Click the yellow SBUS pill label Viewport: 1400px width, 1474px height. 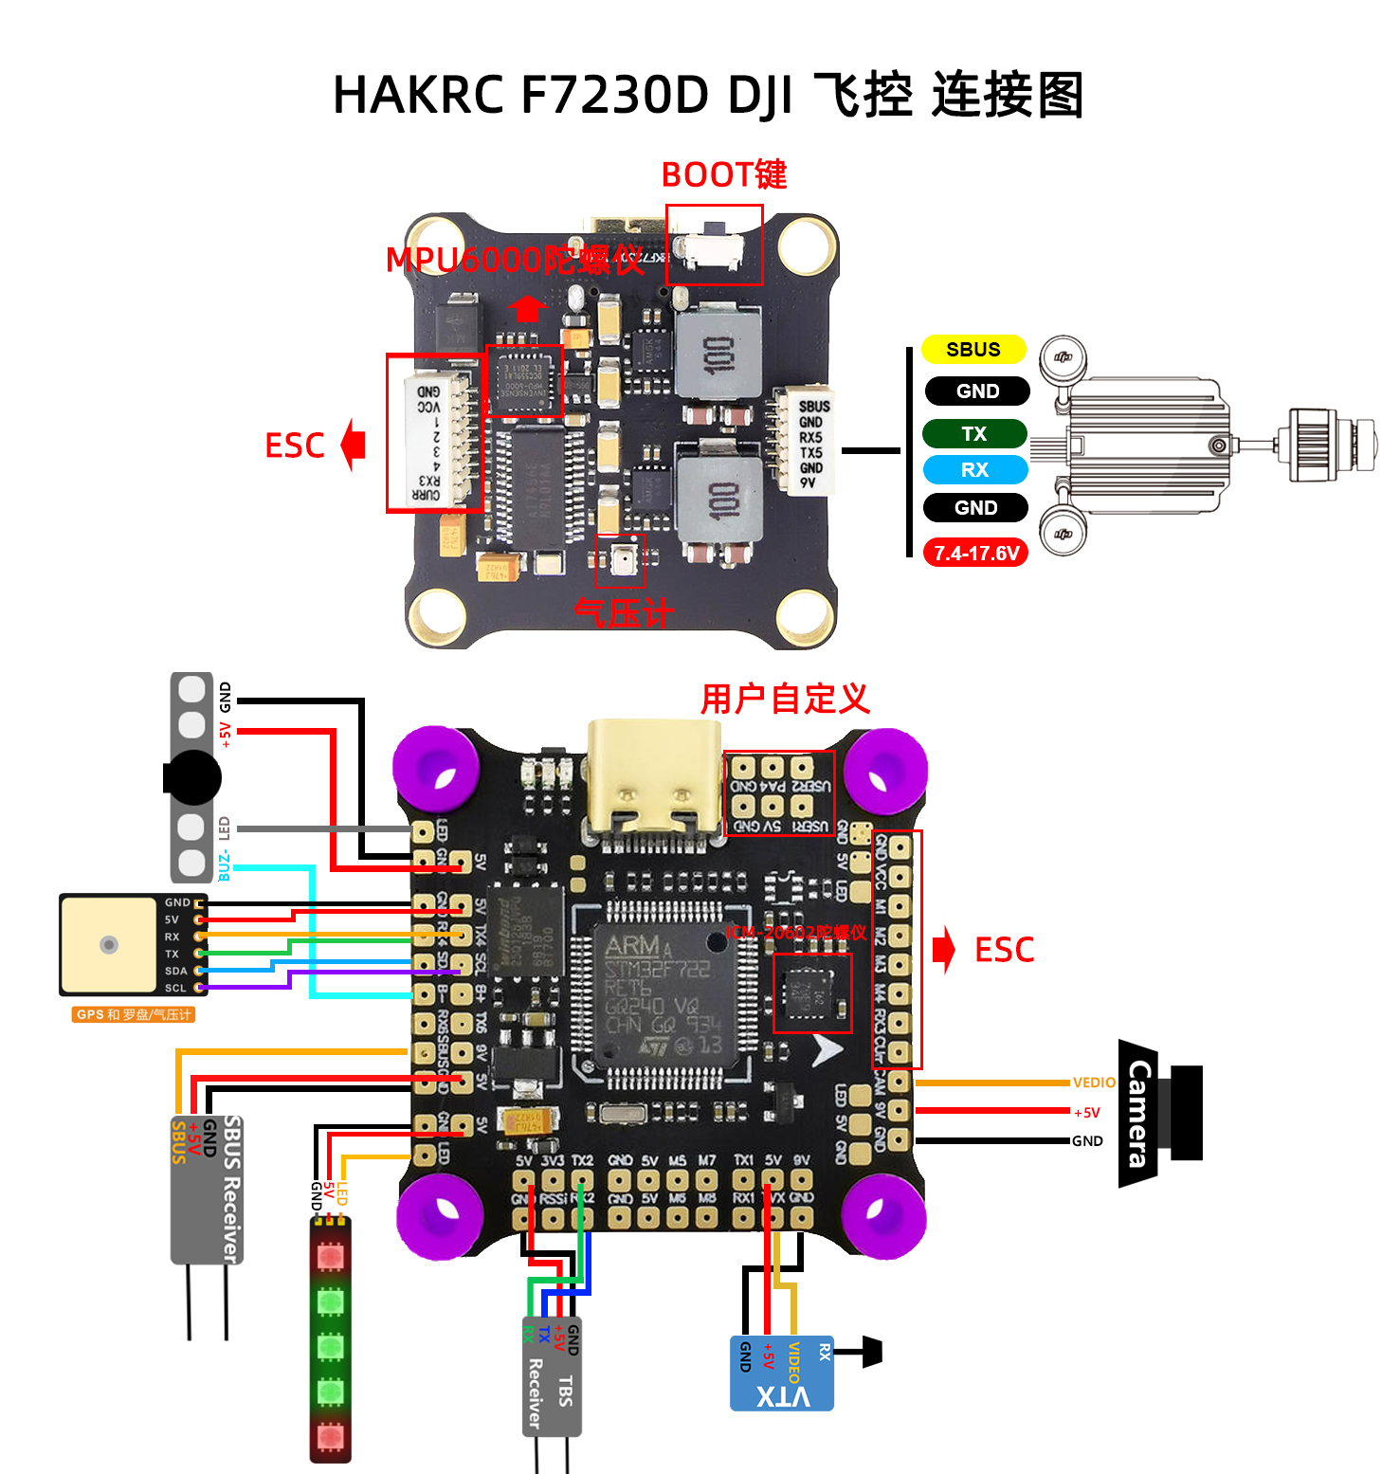(x=973, y=350)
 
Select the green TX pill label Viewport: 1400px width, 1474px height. (x=974, y=433)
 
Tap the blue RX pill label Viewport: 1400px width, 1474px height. (x=974, y=469)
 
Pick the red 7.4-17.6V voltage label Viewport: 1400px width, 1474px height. (x=975, y=553)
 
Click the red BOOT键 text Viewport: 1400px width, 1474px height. (x=723, y=174)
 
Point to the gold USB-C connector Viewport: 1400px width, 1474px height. (x=654, y=777)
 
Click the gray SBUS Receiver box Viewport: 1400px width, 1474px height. (x=208, y=1189)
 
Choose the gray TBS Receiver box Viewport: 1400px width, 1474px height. (x=552, y=1375)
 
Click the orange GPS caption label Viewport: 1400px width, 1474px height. (x=133, y=1014)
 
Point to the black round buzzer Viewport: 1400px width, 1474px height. (x=192, y=778)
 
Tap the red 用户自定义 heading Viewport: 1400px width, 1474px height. (x=785, y=699)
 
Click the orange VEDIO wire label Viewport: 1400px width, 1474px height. (x=1094, y=1083)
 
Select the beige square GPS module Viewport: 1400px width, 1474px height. (x=109, y=944)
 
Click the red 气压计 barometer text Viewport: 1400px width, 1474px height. (x=624, y=613)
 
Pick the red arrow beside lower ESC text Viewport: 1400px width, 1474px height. (x=943, y=950)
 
